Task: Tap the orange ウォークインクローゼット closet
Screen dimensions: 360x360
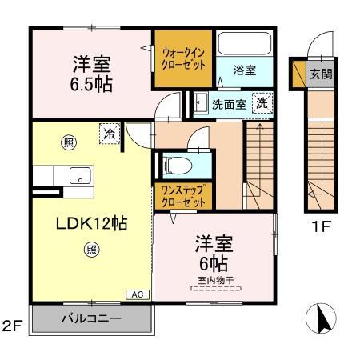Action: pos(183,58)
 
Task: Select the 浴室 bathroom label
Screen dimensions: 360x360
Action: pos(246,71)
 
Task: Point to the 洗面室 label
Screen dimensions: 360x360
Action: pos(227,104)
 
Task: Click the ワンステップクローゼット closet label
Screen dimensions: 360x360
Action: pos(183,196)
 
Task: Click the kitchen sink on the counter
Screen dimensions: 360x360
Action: pos(78,177)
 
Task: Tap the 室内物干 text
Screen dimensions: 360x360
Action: pos(213,280)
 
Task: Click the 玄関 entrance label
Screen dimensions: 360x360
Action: pos(319,74)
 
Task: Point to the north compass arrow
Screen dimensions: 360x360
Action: pos(323,320)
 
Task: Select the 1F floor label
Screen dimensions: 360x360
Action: pos(321,226)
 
